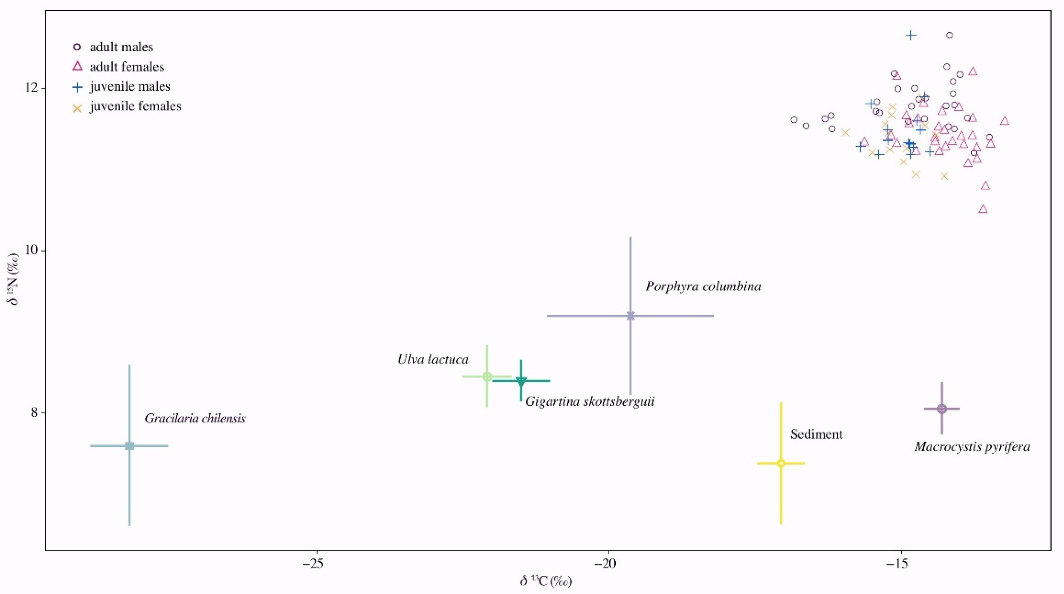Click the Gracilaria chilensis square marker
pos(129,446)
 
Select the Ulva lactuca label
pos(433,359)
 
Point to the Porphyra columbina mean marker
pos(630,316)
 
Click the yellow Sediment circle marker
pos(781,463)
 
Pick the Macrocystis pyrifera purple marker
pos(942,409)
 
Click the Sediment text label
pos(816,434)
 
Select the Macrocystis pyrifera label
pos(972,446)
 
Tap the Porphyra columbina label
pos(703,286)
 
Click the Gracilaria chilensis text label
pos(195,418)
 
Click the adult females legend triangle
pos(77,66)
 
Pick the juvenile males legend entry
pos(130,86)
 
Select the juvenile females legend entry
pos(135,106)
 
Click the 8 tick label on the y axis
pos(35,413)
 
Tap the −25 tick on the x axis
pos(316,564)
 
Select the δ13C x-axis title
pos(546,581)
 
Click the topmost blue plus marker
pos(911,35)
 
